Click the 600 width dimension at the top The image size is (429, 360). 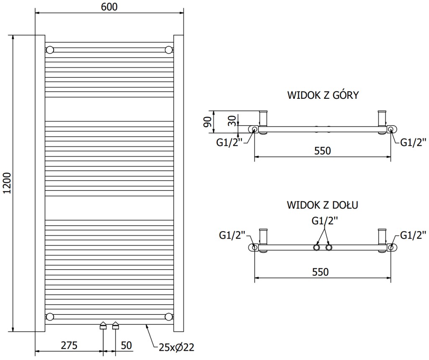pyautogui.click(x=109, y=7)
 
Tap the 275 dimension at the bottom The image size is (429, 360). pyautogui.click(x=69, y=345)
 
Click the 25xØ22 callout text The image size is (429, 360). pyautogui.click(x=176, y=347)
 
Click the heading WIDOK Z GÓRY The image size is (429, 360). pyautogui.click(x=323, y=95)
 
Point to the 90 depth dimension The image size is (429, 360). pyautogui.click(x=207, y=121)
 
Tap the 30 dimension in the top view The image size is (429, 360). pyautogui.click(x=231, y=120)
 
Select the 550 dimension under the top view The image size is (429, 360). pyautogui.click(x=322, y=151)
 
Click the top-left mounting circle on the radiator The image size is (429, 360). pyautogui.click(x=50, y=50)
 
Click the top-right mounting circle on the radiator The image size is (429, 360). pyautogui.click(x=168, y=50)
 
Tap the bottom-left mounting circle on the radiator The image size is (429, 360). pyautogui.click(x=50, y=316)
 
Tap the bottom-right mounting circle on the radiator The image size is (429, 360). pyautogui.click(x=168, y=316)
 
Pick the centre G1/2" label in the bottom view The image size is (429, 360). pyautogui.click(x=324, y=221)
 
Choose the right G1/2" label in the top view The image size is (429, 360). pyautogui.click(x=413, y=142)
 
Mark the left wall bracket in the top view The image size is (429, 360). pyautogui.click(x=264, y=122)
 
